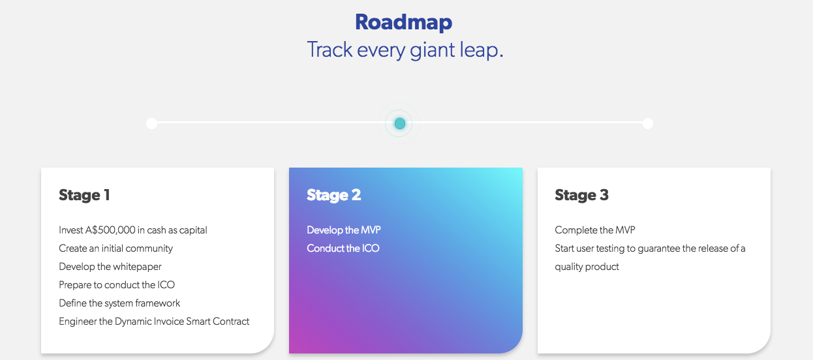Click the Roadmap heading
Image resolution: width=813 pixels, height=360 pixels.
[x=404, y=22]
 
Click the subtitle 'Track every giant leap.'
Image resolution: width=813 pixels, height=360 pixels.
[x=405, y=50]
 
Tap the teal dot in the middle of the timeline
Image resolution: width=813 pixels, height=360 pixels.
[x=399, y=123]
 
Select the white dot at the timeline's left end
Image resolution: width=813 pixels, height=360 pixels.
[x=152, y=123]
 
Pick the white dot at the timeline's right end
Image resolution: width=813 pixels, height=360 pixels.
[x=647, y=123]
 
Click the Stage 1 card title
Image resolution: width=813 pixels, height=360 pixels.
[x=84, y=195]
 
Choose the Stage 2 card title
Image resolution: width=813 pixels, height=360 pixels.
[x=334, y=195]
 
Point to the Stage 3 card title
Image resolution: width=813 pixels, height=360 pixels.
[x=581, y=195]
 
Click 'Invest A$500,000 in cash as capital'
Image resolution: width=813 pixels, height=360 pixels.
[x=133, y=230]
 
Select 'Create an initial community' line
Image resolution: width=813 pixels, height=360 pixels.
[x=115, y=248]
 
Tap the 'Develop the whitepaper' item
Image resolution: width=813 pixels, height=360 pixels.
[x=110, y=267]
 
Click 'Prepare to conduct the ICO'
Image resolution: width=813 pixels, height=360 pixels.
[x=117, y=285]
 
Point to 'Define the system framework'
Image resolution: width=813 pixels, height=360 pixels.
[x=119, y=303]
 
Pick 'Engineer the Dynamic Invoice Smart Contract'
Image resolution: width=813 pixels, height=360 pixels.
[x=154, y=322]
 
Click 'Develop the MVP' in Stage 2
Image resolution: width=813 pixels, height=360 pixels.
[x=344, y=230]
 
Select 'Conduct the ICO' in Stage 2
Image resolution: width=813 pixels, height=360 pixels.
[x=343, y=248]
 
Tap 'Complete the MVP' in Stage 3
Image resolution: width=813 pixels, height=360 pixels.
[x=595, y=230]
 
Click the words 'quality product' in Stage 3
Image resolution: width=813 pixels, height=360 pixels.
[x=587, y=267]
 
